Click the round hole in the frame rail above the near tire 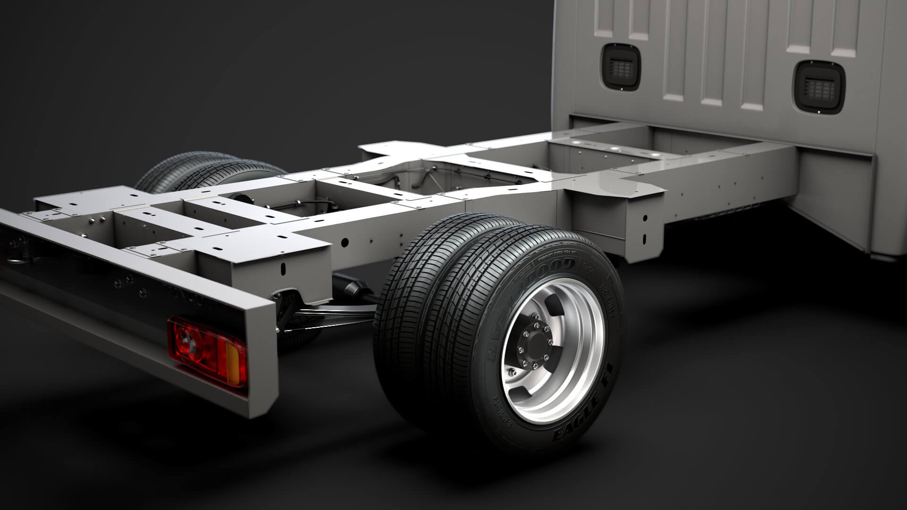344,242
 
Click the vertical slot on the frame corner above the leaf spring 284,269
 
